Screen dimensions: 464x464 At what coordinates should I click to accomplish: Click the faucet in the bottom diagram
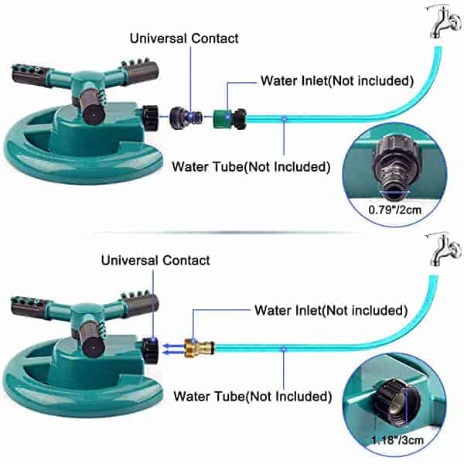(444, 250)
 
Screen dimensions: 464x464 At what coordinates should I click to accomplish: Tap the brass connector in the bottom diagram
(199, 348)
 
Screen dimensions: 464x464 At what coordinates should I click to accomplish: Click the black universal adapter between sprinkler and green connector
(186, 118)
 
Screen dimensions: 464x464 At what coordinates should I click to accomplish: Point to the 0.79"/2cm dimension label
(394, 210)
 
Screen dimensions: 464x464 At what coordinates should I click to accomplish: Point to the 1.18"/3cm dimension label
(397, 440)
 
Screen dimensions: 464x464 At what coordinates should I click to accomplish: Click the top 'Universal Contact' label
(184, 39)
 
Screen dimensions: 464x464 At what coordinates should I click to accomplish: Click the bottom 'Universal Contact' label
(155, 261)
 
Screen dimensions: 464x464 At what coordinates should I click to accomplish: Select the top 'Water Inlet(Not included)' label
(337, 80)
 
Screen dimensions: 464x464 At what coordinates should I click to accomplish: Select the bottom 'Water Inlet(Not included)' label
(331, 310)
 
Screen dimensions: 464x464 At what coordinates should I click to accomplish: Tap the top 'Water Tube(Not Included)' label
(251, 167)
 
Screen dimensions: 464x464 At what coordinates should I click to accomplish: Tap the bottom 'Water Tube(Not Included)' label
(252, 397)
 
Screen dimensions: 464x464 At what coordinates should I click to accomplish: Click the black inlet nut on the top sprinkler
(150, 118)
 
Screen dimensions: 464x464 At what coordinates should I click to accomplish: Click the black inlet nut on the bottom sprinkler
(150, 350)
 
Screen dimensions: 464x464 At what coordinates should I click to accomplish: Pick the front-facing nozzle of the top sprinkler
(92, 109)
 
